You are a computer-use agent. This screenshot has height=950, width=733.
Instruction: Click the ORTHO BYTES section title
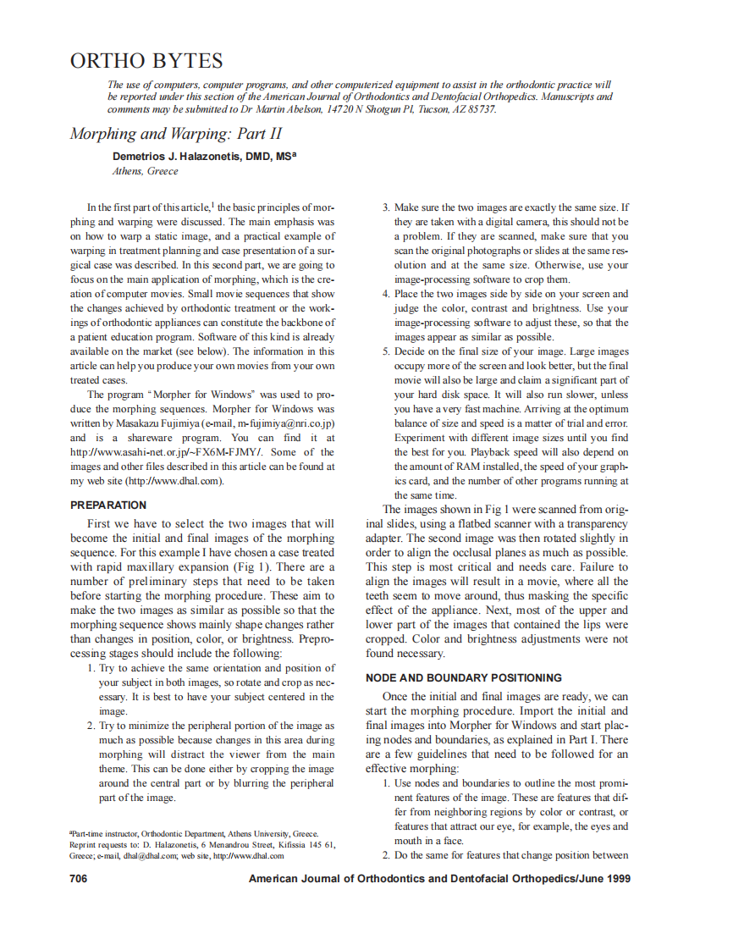click(146, 61)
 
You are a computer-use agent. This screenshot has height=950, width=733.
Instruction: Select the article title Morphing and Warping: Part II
click(175, 134)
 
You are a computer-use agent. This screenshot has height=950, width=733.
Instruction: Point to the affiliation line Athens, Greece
click(146, 171)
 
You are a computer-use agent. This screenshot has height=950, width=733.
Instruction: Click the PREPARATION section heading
click(108, 505)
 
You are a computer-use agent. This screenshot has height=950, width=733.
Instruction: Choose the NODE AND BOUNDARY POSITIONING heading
click(463, 677)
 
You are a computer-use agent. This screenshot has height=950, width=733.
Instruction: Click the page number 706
click(78, 879)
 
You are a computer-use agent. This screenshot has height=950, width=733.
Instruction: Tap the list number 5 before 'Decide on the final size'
click(386, 351)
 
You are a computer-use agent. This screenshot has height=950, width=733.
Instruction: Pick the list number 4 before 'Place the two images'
click(386, 294)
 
